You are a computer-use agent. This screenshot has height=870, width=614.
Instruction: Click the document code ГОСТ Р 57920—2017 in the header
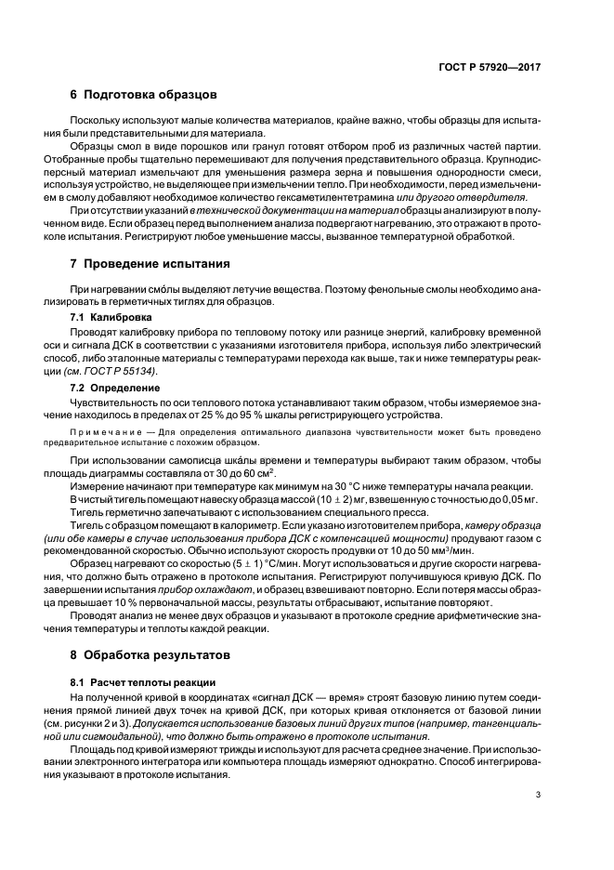click(489, 68)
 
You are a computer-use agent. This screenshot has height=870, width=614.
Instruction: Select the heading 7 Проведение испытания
click(150, 266)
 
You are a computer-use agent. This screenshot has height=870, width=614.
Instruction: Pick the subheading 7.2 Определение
click(114, 386)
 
